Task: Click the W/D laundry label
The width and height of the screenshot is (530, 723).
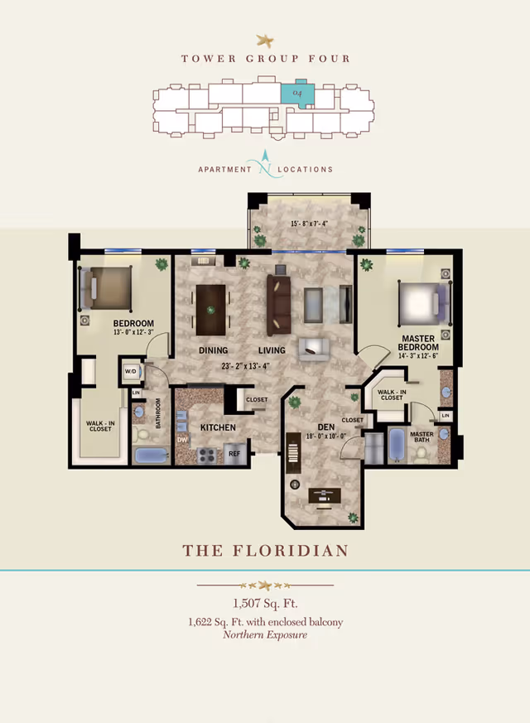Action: click(x=130, y=371)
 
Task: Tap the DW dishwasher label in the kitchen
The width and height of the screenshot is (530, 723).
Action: click(x=182, y=440)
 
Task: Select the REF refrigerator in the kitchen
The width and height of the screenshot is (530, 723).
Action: click(x=234, y=454)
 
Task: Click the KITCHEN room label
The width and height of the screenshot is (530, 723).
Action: click(x=218, y=427)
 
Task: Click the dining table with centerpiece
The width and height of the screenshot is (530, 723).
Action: click(x=210, y=310)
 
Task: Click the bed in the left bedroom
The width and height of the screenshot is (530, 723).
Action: click(x=106, y=287)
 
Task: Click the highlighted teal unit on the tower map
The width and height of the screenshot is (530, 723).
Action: click(x=296, y=95)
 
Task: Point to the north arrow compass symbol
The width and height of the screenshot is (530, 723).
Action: click(x=265, y=163)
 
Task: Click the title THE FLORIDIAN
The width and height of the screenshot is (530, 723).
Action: click(x=265, y=551)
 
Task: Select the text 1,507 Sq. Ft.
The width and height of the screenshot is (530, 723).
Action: click(x=265, y=604)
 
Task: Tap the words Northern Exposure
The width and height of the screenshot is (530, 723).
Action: click(x=265, y=635)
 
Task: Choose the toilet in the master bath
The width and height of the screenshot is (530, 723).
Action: click(x=422, y=452)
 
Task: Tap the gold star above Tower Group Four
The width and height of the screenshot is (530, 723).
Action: click(x=265, y=39)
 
